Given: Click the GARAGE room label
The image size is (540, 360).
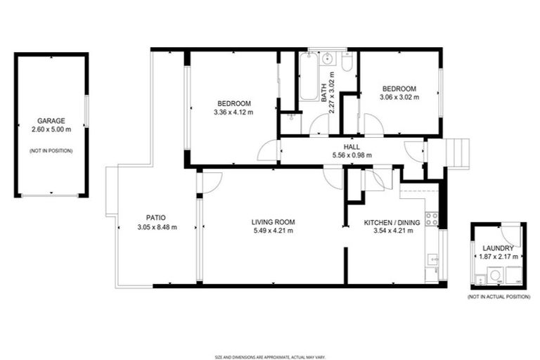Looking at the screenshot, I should click(x=52, y=121).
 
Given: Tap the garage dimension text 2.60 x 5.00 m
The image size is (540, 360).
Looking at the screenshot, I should click(x=52, y=130).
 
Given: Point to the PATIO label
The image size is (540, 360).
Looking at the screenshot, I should click(x=156, y=217).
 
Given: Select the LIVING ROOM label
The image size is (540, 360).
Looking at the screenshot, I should click(x=273, y=222).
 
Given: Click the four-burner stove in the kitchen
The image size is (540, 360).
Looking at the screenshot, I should click(x=432, y=219).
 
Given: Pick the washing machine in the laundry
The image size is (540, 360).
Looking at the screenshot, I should click(x=495, y=276).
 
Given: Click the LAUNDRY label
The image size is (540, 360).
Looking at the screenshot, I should click(x=498, y=248).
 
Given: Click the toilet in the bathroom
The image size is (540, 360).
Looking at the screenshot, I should click(x=347, y=64).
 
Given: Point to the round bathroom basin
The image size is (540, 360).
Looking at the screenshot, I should click(x=328, y=59).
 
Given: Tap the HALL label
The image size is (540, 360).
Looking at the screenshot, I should click(x=352, y=146).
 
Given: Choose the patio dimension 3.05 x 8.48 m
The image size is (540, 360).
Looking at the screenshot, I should click(x=156, y=227).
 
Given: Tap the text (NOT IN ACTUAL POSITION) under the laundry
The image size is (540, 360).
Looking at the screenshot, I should click(x=498, y=297).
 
